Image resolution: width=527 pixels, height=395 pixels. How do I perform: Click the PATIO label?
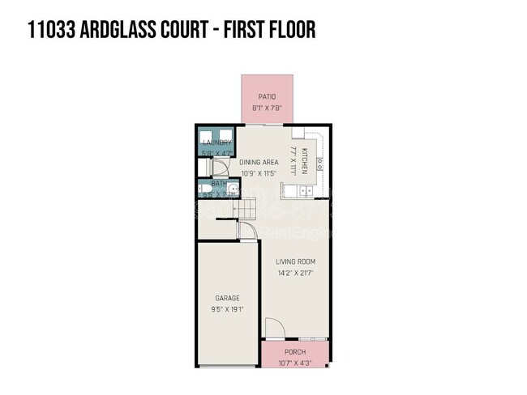(x=268, y=96)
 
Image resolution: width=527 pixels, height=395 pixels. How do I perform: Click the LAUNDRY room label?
(x=216, y=142)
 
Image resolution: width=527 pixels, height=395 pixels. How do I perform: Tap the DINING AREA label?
(x=259, y=162)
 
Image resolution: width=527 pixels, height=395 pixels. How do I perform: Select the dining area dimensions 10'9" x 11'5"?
(x=259, y=173)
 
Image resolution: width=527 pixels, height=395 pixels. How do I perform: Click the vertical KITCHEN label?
(x=305, y=161)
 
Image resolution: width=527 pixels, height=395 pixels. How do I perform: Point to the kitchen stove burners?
(x=320, y=163)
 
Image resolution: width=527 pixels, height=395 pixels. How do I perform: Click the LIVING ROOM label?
(x=295, y=261)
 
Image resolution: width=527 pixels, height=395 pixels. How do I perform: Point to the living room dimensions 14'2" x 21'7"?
(x=295, y=273)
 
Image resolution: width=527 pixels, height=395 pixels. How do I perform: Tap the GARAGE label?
(x=227, y=298)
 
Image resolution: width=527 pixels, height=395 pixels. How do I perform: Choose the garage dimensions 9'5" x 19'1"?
(x=227, y=308)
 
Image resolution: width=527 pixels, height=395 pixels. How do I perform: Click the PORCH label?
(x=295, y=353)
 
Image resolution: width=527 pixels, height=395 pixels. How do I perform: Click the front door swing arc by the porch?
(x=274, y=328)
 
